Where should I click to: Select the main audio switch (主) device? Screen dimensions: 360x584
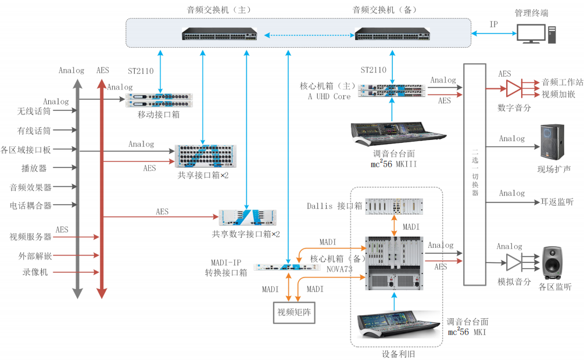[x=220, y=34]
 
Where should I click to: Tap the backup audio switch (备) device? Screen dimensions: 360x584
[x=392, y=34]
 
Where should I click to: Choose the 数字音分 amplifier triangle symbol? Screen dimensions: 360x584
[x=514, y=88]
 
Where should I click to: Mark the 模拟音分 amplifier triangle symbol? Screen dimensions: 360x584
[x=514, y=262]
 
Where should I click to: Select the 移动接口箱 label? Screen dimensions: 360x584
[x=158, y=114]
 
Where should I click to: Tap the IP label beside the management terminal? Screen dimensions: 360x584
[x=493, y=24]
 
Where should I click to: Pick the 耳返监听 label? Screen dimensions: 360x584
[x=557, y=202]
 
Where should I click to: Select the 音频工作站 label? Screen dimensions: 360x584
[x=562, y=82]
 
